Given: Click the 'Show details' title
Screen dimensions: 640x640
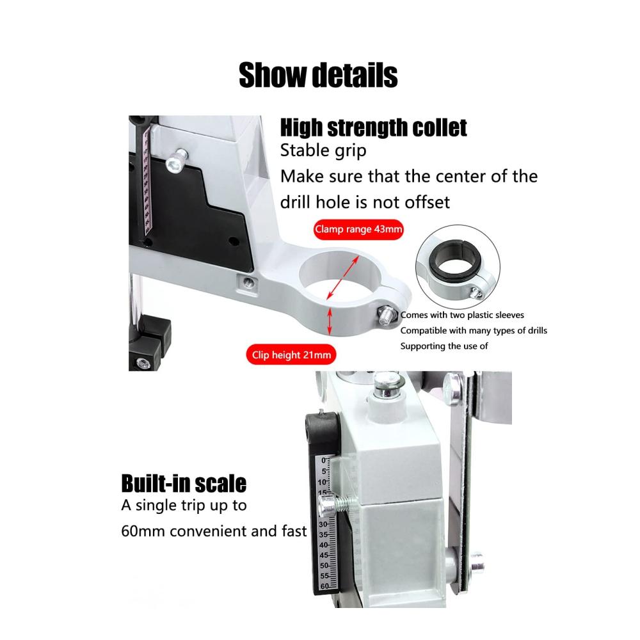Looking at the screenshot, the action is [318, 75].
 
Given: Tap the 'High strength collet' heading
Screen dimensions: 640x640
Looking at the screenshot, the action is [374, 128].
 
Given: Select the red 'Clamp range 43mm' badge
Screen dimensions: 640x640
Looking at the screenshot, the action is [358, 229].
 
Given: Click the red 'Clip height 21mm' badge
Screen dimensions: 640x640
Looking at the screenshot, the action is [291, 355].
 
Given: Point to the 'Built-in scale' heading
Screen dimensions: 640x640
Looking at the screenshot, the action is [184, 484].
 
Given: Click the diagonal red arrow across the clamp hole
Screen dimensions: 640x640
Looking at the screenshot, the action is [343, 276].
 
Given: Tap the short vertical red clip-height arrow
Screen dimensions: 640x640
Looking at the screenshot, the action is [330, 321].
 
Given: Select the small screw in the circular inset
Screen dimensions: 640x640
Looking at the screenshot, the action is [476, 292].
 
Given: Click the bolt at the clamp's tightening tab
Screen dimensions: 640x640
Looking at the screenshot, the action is [387, 315].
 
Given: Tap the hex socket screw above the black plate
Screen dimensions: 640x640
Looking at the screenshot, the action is [177, 161].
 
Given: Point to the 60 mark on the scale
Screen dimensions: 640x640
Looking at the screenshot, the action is [324, 586].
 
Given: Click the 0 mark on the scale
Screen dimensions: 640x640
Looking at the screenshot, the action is [324, 460].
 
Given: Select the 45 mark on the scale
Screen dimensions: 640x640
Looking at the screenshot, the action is [324, 555].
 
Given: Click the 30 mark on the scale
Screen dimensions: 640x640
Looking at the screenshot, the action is [324, 524].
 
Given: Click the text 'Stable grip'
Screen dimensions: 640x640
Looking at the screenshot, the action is [323, 151].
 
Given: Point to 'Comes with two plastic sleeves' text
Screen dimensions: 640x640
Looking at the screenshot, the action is [462, 315].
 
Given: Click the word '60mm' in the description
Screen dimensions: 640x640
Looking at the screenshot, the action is [142, 531].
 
